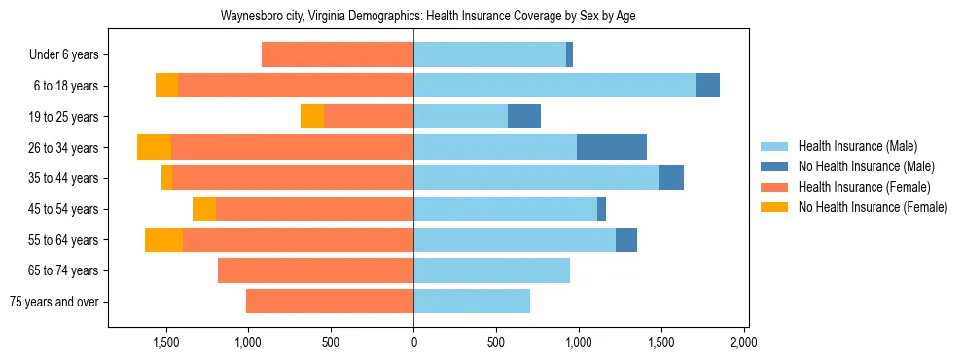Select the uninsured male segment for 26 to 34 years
[611, 147]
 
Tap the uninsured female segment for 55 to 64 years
[163, 239]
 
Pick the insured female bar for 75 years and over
[330, 302]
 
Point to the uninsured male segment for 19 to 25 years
[523, 117]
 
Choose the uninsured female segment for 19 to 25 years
[312, 117]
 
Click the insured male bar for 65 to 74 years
[491, 270]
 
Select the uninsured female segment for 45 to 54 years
[204, 209]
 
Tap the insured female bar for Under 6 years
[338, 55]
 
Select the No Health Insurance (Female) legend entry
[872, 207]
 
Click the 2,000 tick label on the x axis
[743, 342]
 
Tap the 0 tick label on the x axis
[413, 342]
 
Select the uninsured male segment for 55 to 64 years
[626, 239]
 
